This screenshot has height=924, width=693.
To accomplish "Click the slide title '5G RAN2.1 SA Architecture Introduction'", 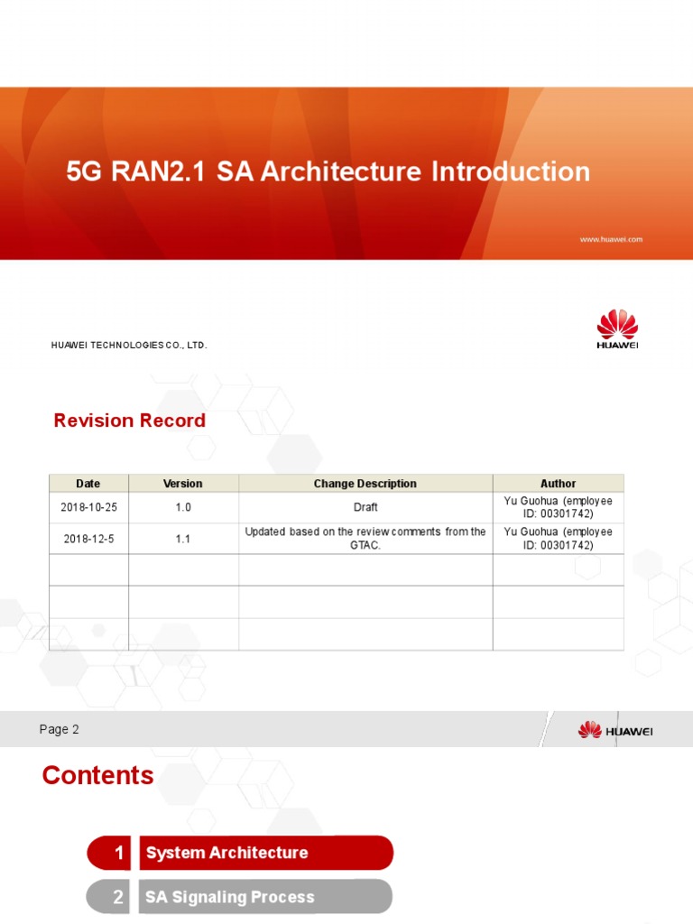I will tap(328, 171).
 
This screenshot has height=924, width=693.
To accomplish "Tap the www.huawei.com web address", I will tap(610, 239).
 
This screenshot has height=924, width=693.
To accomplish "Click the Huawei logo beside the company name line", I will tap(617, 328).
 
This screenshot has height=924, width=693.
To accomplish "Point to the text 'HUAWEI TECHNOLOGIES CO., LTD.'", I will tap(129, 345).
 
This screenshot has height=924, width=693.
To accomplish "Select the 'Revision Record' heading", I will tap(129, 420).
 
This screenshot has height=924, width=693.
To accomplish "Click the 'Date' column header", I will tap(88, 484).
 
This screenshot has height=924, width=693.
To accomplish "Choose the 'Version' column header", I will tap(183, 484).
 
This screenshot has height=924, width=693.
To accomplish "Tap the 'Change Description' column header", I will tap(365, 484).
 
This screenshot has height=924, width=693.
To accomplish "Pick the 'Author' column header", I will tap(558, 484).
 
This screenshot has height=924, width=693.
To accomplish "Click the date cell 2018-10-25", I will tap(88, 507).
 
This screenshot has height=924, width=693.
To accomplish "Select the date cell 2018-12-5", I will tap(88, 539).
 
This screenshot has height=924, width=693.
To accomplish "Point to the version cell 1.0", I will tap(183, 507).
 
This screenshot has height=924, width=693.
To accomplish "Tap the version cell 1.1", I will tap(183, 539).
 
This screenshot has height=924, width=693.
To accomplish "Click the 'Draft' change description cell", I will tap(365, 507).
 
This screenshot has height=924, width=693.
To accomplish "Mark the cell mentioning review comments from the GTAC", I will tap(365, 539).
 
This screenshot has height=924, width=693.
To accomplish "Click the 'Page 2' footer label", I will tap(60, 729).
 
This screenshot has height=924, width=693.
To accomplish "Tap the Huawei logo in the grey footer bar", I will tap(615, 729).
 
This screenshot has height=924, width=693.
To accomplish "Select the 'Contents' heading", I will tap(97, 775).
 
